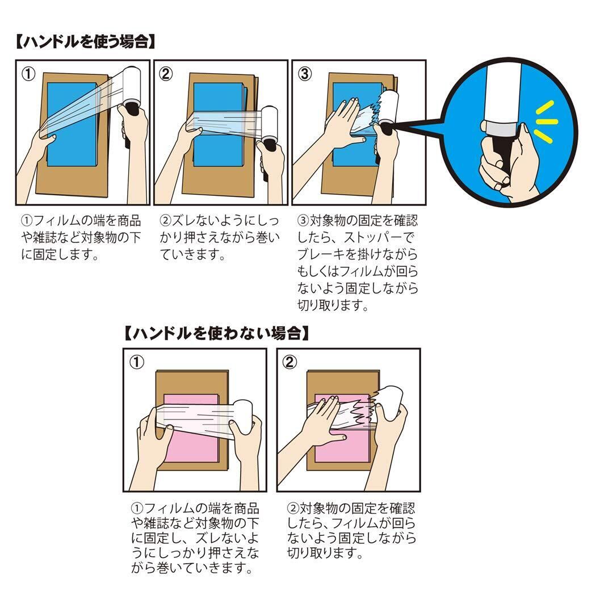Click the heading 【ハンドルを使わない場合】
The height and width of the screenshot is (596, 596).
(x=218, y=333)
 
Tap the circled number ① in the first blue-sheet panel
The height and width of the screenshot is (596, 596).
(x=28, y=74)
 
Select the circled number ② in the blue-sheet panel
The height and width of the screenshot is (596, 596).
(x=166, y=74)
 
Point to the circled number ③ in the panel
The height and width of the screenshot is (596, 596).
(x=305, y=74)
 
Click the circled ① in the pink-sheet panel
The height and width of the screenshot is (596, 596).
(x=137, y=362)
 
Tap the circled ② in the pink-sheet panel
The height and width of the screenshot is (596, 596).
(x=289, y=362)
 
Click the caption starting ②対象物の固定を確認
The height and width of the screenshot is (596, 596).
(x=351, y=529)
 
